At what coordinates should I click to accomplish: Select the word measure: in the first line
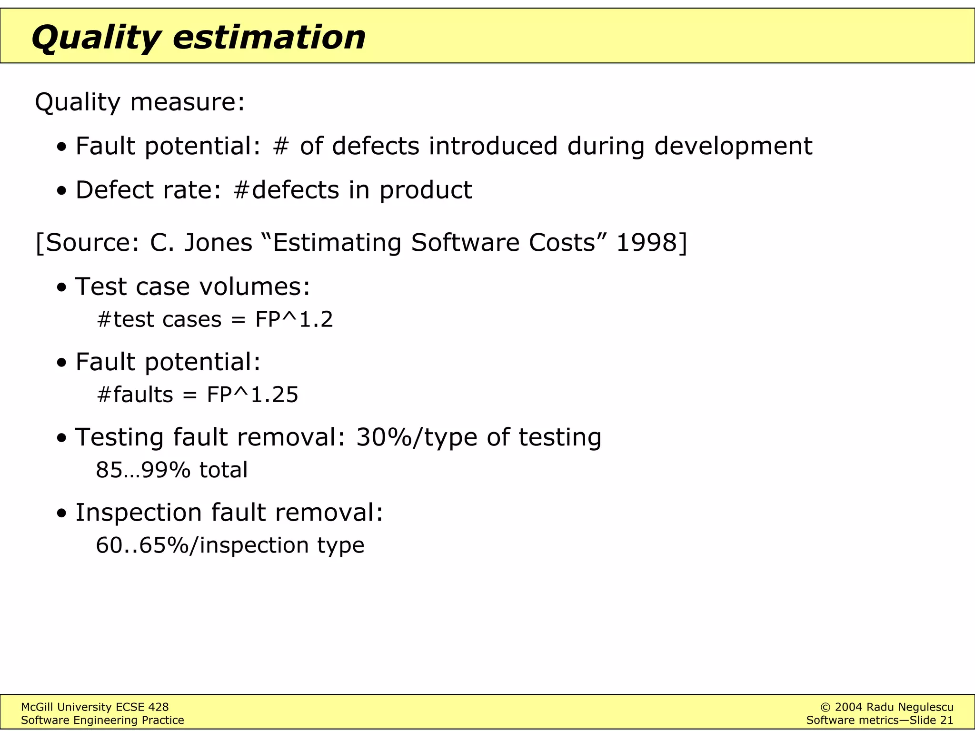click(x=188, y=102)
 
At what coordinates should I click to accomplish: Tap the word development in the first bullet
click(x=733, y=147)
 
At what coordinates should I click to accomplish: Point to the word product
click(x=426, y=190)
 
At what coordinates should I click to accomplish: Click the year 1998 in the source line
click(x=646, y=243)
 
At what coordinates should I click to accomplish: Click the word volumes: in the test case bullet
click(x=255, y=286)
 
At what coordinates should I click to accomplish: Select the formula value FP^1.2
click(x=294, y=319)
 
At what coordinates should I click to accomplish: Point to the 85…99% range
click(x=143, y=470)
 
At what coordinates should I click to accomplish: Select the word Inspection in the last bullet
click(x=139, y=513)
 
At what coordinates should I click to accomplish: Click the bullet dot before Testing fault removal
click(x=61, y=438)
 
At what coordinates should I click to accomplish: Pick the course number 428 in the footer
click(x=159, y=707)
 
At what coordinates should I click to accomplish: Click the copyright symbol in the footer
click(x=826, y=707)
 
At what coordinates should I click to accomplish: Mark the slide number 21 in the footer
click(x=947, y=721)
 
